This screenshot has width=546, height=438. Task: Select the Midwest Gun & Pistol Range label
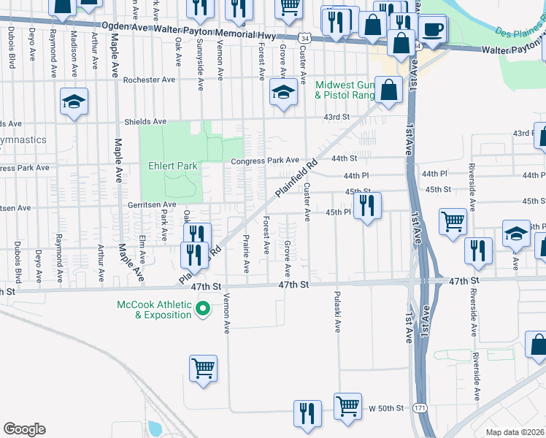pyautogui.click(x=344, y=90)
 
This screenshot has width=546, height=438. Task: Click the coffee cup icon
pyautogui.click(x=434, y=30)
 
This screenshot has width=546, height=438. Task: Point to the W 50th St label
pyautogui.click(x=385, y=408)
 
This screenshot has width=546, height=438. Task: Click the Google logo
pyautogui.click(x=24, y=429)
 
